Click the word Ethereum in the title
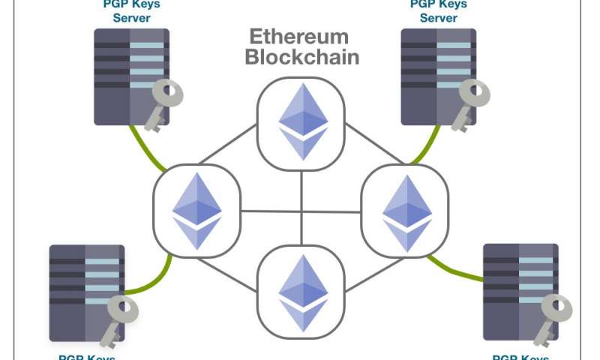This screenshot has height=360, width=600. [299, 37]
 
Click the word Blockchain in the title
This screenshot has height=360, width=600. [302, 57]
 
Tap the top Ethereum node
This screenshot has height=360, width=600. [302, 121]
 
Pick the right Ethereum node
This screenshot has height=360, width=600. [406, 212]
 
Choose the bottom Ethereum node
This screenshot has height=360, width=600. [302, 293]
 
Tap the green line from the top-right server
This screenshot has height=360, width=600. [427, 146]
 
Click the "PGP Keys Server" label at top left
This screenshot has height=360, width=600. [130, 10]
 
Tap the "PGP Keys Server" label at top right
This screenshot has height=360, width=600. [438, 10]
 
